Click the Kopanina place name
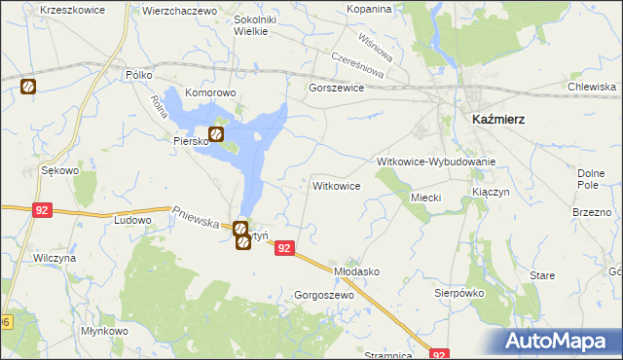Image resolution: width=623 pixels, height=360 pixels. pyautogui.click(x=369, y=9)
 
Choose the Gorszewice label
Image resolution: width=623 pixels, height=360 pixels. pyautogui.click(x=335, y=88)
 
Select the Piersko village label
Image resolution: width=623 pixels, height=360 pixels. pyautogui.click(x=192, y=141)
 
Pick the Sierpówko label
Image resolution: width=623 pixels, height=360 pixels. pyautogui.click(x=459, y=292)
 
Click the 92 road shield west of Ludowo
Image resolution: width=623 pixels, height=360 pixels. pyautogui.click(x=41, y=209)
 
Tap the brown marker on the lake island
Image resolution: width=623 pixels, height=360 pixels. pyautogui.click(x=217, y=134)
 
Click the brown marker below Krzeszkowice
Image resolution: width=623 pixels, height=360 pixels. pyautogui.click(x=27, y=87)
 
